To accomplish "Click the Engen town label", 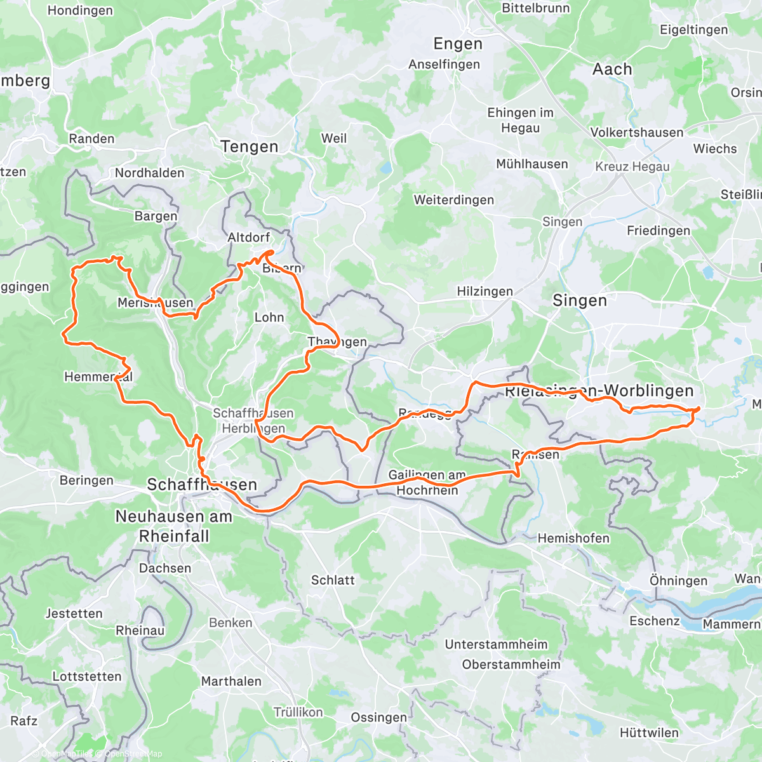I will (x=458, y=44).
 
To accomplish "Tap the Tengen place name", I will (x=250, y=147).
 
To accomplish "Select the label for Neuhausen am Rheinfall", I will (x=173, y=526).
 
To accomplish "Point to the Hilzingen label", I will (x=485, y=291).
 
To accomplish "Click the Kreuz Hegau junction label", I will (x=632, y=167).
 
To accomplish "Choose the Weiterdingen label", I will (x=453, y=200).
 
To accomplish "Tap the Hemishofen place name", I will (x=573, y=538).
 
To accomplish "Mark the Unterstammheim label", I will (x=496, y=645).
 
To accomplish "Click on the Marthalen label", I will (x=231, y=681).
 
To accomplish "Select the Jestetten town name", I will (x=74, y=613).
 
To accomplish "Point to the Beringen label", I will (x=86, y=481).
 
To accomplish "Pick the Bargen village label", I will (x=156, y=217).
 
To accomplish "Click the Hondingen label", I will (x=80, y=11).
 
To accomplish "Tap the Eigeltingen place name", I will (x=693, y=30).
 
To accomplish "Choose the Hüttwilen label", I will (x=649, y=733).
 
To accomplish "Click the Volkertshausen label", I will (x=636, y=133).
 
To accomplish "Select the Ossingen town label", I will (x=378, y=718).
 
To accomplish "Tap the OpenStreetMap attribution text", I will (x=133, y=754).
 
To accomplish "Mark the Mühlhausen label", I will (x=531, y=164).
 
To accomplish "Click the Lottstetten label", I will (x=86, y=676).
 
